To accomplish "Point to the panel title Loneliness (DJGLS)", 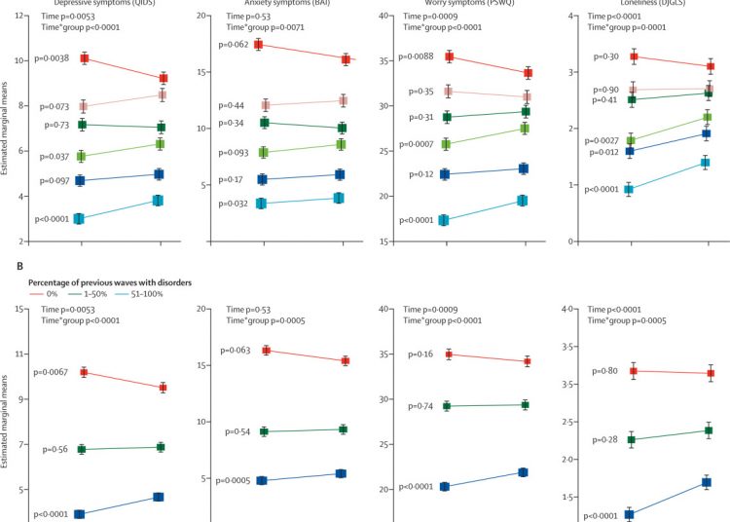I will [x=654, y=4].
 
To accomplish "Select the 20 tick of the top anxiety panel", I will [x=203, y=17].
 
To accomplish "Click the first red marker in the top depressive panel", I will [x=85, y=58].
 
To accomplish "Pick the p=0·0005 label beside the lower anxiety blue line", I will [x=237, y=480].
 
